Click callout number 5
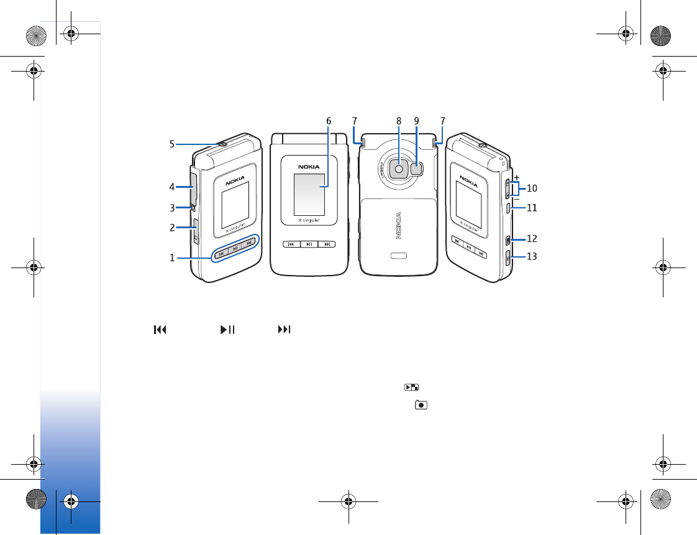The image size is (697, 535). pos(172,144)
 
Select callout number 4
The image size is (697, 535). pos(172,187)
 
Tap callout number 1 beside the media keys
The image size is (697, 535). pos(172,258)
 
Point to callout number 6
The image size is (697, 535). pos(329,121)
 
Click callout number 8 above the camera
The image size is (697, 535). pos(399,121)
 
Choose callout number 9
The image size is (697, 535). pos(416,121)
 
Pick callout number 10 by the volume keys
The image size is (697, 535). pos(532,188)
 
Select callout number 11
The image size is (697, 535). pos(532,208)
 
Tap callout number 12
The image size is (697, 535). pos(532,238)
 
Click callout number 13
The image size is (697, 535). pos(532,256)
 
